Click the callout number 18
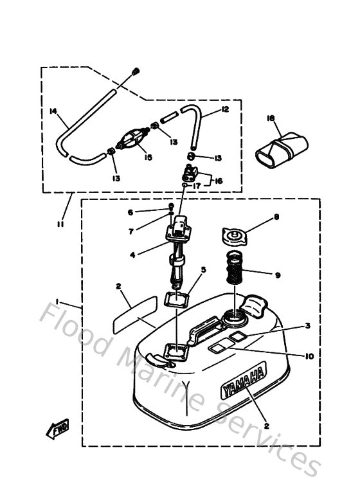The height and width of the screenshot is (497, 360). click(271, 118)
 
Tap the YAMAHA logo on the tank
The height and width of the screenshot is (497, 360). click(244, 382)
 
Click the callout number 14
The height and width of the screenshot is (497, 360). click(53, 111)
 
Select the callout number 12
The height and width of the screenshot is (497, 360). click(225, 109)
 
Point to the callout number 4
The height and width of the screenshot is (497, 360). click(132, 255)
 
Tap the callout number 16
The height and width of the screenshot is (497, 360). click(219, 182)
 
